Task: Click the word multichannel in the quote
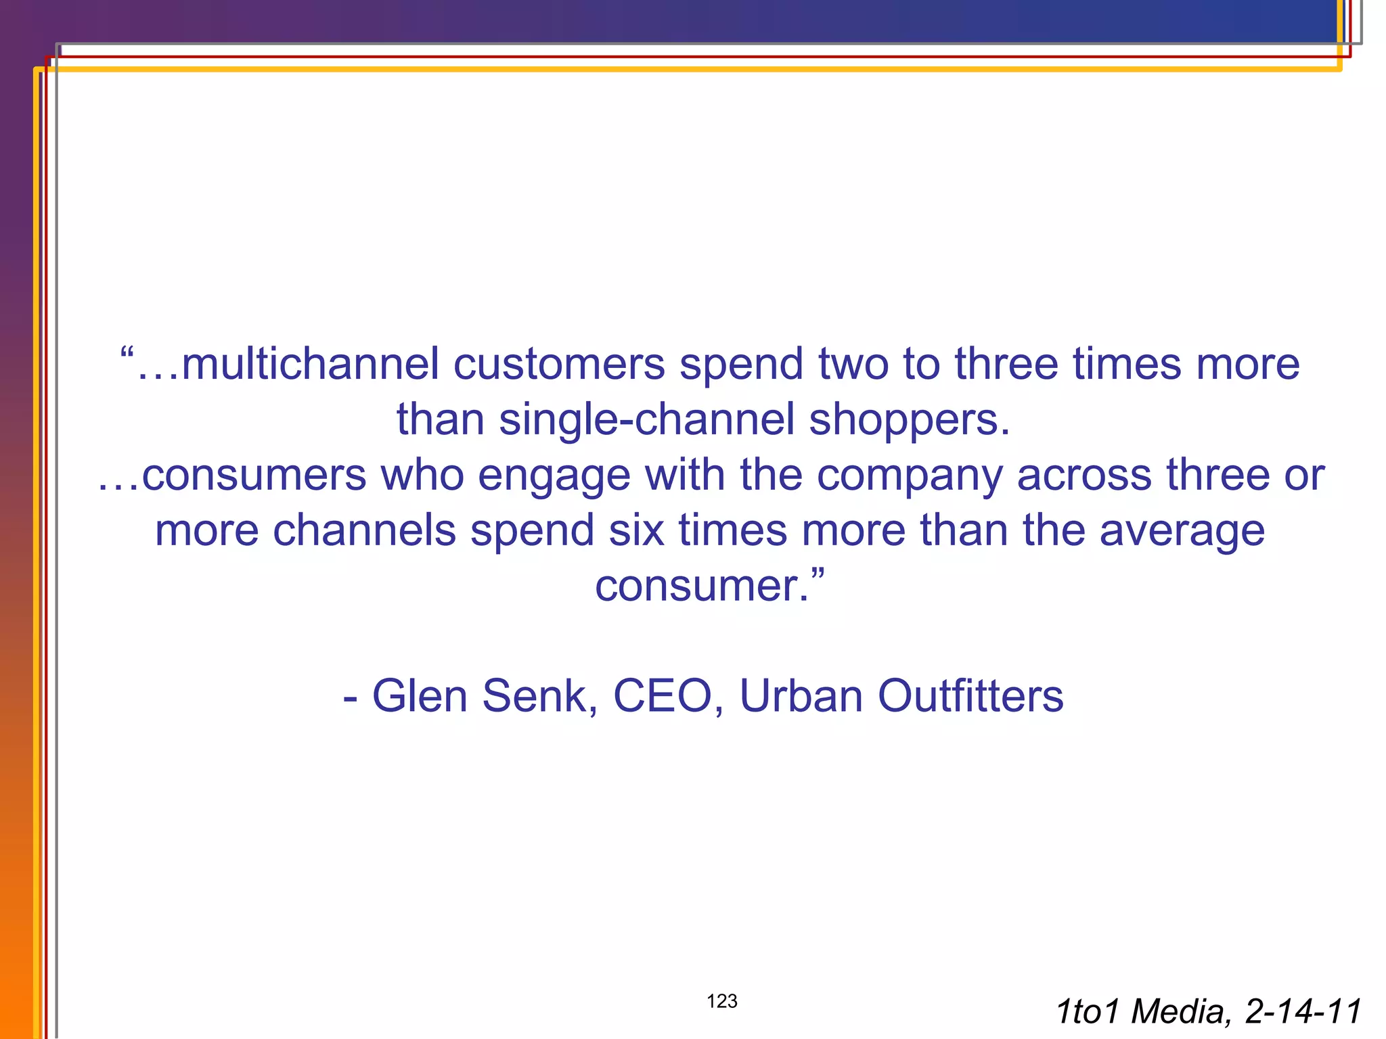311,364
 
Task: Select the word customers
559,364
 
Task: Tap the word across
1084,475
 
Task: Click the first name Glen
420,695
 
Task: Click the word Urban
801,695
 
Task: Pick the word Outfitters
970,695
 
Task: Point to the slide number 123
722,1001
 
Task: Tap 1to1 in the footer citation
1090,1012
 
